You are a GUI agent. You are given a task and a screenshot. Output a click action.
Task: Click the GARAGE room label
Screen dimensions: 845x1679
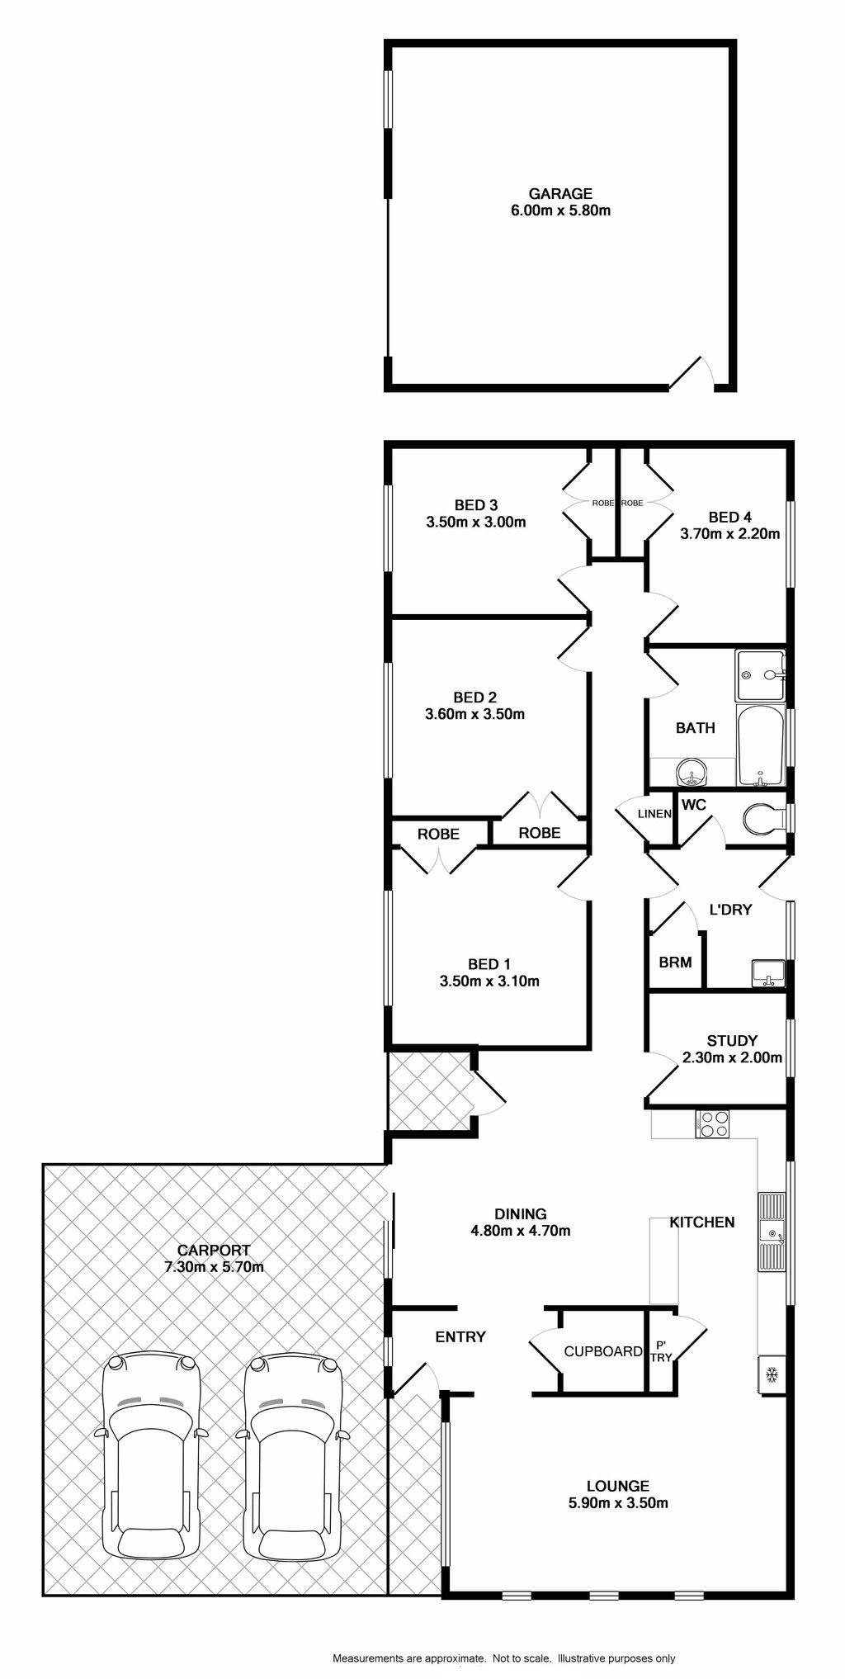[560, 194]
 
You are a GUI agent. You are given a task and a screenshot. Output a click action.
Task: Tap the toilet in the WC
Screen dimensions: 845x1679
[765, 820]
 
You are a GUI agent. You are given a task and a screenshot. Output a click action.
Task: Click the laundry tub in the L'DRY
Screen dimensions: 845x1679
[768, 973]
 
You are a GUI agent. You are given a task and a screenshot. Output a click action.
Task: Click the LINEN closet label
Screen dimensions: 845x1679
[655, 814]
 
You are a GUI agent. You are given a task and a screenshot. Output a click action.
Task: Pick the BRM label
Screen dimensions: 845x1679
[675, 962]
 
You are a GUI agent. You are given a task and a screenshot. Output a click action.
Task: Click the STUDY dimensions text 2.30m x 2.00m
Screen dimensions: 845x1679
[732, 1057]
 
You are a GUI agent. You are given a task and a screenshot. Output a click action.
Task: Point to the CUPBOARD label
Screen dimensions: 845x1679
[603, 1351]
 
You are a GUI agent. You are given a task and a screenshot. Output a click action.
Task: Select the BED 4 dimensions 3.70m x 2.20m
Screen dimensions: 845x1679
[729, 533]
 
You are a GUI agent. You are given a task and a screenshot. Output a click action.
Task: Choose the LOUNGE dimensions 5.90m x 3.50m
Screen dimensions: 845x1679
[617, 1502]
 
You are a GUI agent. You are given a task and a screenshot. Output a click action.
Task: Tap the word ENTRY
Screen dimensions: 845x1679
[460, 1336]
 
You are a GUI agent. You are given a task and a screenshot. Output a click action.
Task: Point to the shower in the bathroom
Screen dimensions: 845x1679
[760, 674]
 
